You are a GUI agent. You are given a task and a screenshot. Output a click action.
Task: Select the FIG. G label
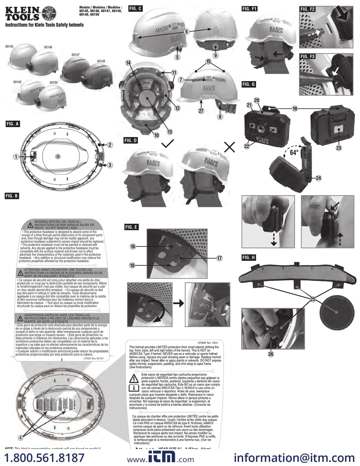coord(249,84)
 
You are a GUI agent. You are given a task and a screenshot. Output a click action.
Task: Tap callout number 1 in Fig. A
coord(16,156)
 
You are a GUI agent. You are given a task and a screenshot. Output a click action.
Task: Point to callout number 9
coord(215,55)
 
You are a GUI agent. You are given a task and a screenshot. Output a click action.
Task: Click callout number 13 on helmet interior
coord(170,132)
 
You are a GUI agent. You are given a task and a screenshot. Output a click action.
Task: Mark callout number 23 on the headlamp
coord(338,148)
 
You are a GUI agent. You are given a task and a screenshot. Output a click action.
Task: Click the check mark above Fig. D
coord(167,144)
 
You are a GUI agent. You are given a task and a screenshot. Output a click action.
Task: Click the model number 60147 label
coord(75,55)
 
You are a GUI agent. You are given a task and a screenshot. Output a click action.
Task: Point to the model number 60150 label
coord(53,82)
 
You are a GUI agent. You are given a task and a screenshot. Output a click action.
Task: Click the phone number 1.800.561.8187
coord(44,457)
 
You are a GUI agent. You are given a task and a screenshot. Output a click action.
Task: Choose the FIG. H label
coord(249,257)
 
